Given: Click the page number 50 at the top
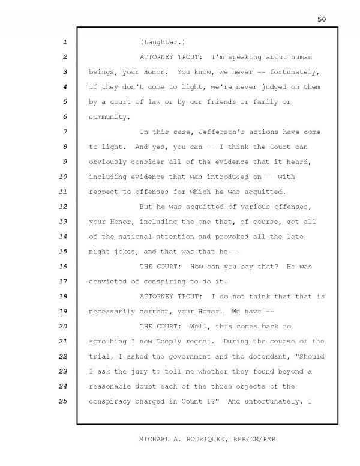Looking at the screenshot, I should pyautogui.click(x=321, y=19).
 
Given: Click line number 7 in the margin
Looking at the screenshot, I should pyautogui.click(x=64, y=132).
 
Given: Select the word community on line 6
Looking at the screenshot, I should pyautogui.click(x=109, y=117).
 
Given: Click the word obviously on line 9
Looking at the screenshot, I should pyautogui.click(x=109, y=162).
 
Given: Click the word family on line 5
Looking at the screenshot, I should pyautogui.click(x=251, y=103).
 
